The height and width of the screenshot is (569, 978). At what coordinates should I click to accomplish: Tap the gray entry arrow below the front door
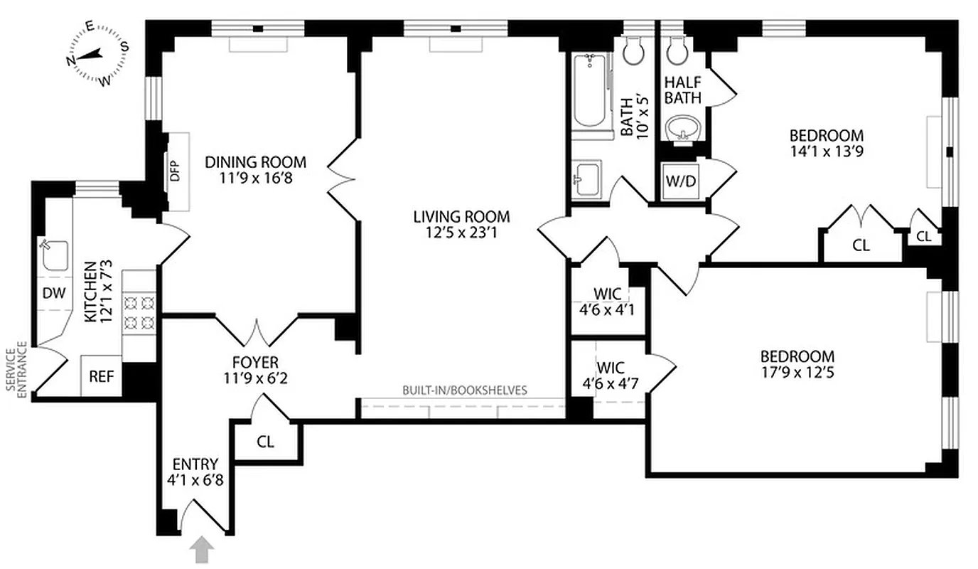(203, 549)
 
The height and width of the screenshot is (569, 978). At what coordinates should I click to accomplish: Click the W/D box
(681, 181)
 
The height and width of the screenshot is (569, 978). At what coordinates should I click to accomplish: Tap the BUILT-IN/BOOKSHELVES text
(465, 390)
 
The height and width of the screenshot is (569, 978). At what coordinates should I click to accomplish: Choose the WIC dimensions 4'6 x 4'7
(608, 384)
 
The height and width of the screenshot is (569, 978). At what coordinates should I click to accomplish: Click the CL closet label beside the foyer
(266, 442)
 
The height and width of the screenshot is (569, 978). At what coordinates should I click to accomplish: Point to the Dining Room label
(255, 162)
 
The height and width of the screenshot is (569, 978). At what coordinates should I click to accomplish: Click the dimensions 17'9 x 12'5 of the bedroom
(797, 371)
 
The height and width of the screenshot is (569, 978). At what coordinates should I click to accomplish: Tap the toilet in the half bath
(675, 50)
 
